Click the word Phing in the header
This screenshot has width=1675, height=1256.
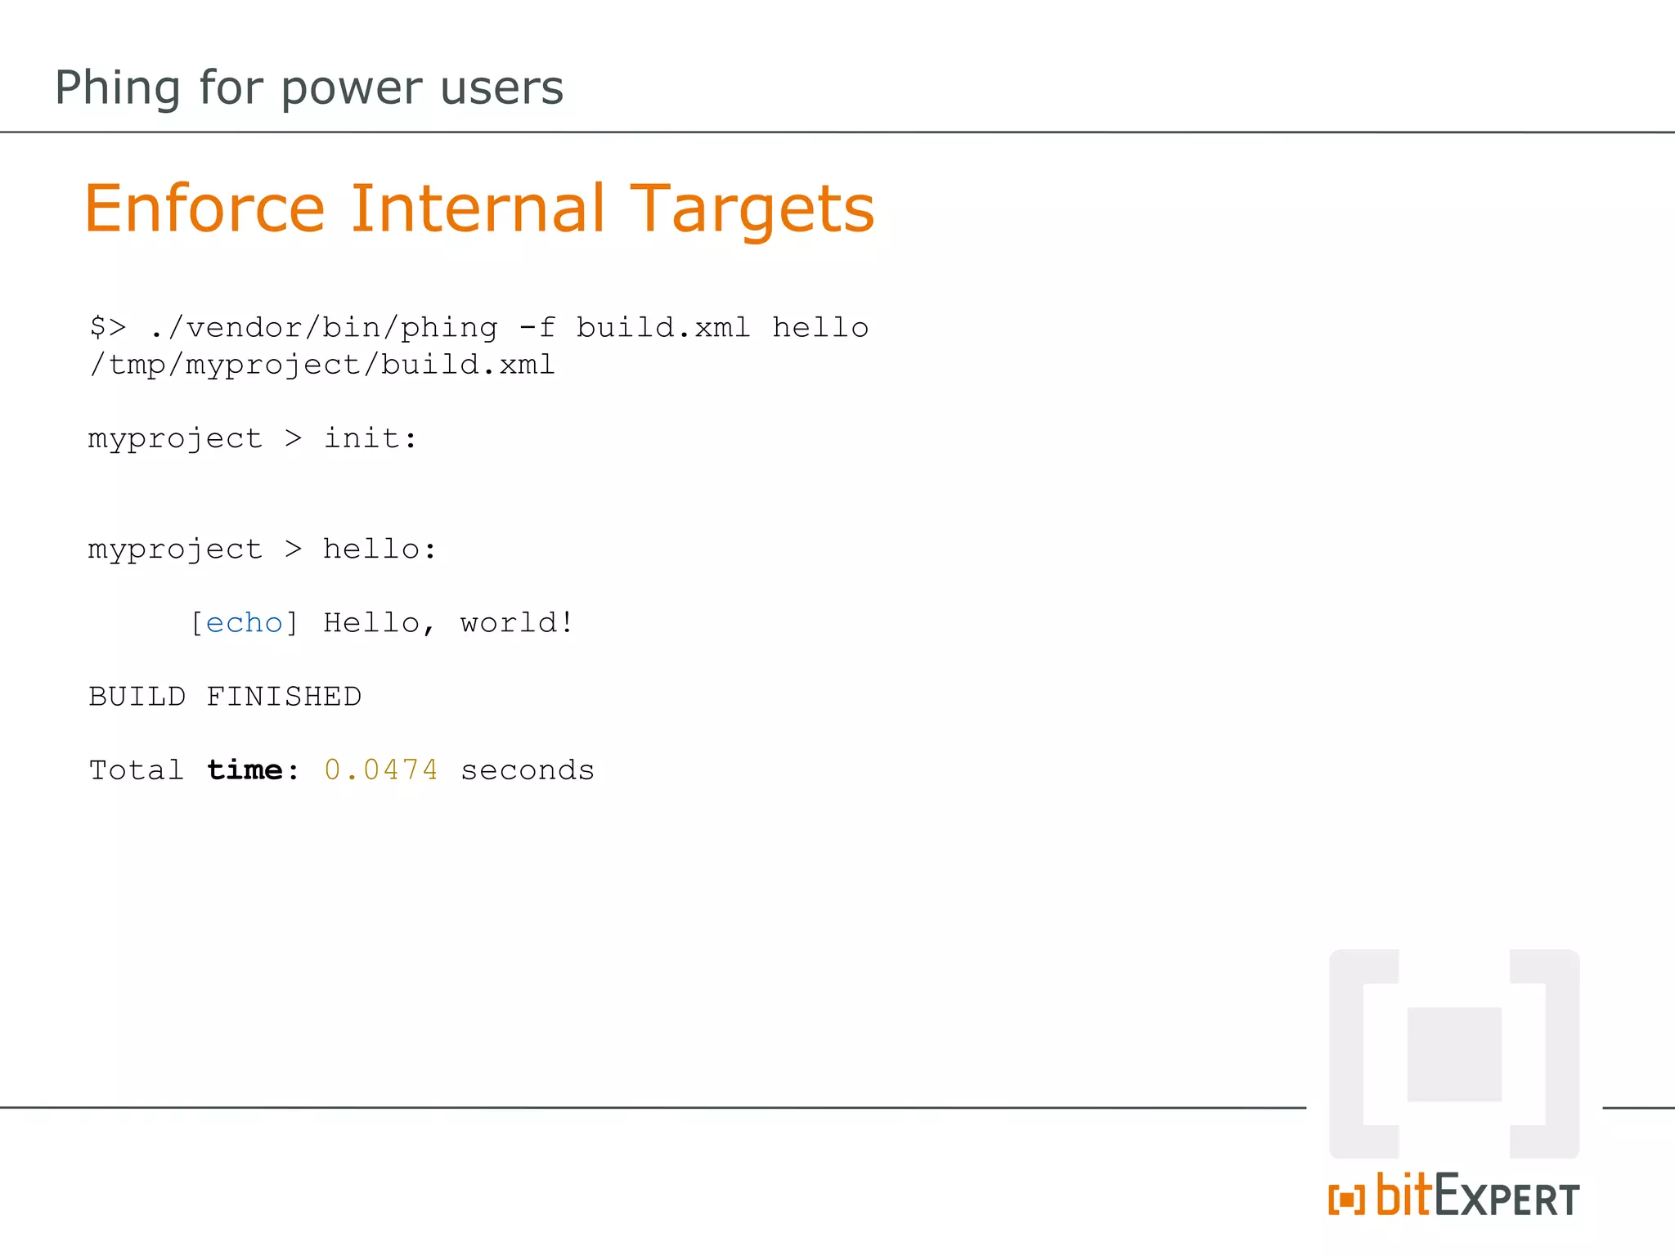[x=117, y=88]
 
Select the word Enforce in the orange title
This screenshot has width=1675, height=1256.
[x=204, y=209]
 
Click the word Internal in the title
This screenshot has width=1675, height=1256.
[x=478, y=209]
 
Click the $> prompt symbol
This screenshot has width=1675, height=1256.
[x=108, y=328]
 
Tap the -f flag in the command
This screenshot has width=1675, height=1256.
[x=537, y=328]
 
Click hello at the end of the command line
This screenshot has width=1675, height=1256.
[x=820, y=328]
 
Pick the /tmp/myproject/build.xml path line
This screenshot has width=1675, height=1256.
[x=321, y=365]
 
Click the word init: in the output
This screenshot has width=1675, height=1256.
[x=370, y=439]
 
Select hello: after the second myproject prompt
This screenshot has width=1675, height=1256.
[x=379, y=549]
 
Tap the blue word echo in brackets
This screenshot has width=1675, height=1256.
[x=244, y=623]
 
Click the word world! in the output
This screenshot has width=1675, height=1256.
[x=517, y=623]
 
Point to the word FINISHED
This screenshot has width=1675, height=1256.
[x=283, y=697]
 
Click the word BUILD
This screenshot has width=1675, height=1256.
[x=137, y=697]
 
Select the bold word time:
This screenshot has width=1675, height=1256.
[x=253, y=770]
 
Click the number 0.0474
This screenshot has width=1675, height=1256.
[x=381, y=770]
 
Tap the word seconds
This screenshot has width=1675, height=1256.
[x=527, y=770]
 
